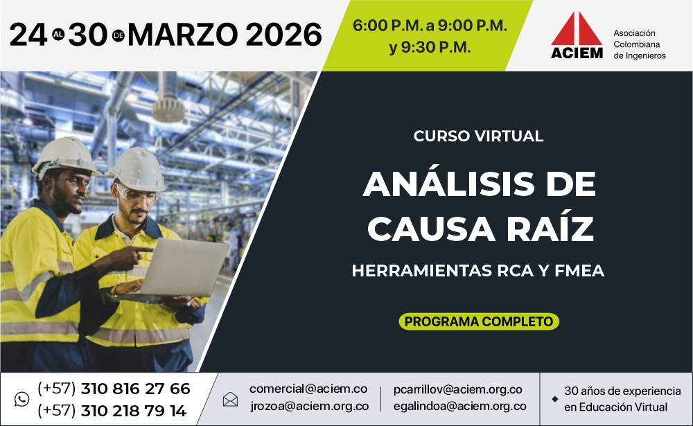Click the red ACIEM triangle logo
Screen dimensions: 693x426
[577, 28]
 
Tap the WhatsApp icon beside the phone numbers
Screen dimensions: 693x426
[21, 399]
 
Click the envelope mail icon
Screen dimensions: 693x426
[230, 399]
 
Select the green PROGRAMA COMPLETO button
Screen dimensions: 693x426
[479, 321]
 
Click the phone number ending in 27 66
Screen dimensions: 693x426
[114, 389]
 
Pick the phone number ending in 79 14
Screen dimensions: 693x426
[112, 411]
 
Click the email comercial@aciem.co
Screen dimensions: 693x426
[308, 389]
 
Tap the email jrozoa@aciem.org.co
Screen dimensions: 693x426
[309, 406]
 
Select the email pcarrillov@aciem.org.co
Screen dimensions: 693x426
[458, 389]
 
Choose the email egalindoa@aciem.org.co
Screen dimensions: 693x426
[459, 406]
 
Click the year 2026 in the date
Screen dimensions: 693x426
[283, 35]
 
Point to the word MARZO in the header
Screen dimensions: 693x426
[184, 35]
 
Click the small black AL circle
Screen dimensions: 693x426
[58, 35]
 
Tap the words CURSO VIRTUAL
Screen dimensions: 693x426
[478, 136]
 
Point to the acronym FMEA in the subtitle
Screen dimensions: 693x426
[579, 270]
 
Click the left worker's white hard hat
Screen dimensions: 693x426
[67, 156]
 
